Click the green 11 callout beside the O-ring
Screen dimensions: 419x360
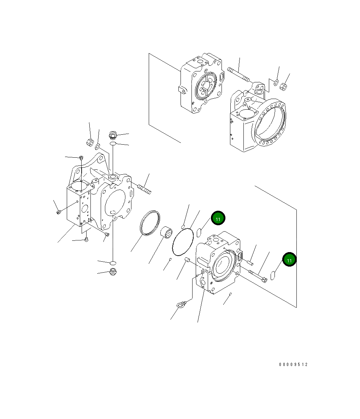(218, 219)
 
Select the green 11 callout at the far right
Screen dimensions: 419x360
(289, 260)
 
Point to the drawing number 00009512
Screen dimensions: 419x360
(293, 365)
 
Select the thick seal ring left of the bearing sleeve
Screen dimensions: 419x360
(151, 222)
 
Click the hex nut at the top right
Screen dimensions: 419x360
(283, 86)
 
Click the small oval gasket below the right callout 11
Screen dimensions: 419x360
(273, 275)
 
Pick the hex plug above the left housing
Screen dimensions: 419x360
(113, 135)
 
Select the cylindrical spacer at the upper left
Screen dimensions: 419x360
(90, 142)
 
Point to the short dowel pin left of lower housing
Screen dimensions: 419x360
(188, 261)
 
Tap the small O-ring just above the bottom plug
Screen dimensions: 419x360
(113, 263)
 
